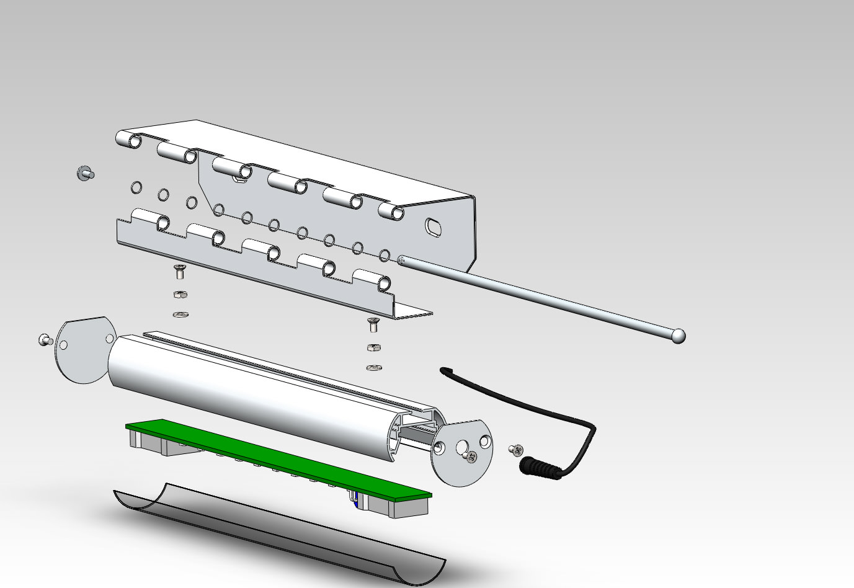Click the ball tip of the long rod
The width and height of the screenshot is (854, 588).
click(678, 336)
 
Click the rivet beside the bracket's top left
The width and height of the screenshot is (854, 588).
click(85, 173)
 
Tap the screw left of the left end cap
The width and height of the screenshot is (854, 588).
click(45, 339)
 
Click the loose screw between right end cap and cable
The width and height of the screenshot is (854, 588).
click(516, 449)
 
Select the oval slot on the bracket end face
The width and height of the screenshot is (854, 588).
click(434, 227)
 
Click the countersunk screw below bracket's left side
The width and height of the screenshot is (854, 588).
click(179, 270)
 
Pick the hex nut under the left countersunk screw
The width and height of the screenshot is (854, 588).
click(179, 293)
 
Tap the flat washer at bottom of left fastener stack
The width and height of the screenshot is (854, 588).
click(179, 315)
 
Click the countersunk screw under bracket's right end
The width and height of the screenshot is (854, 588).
click(373, 323)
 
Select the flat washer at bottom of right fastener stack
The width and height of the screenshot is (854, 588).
click(373, 368)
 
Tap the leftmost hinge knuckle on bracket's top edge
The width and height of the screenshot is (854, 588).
click(130, 140)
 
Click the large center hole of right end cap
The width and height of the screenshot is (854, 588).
click(462, 447)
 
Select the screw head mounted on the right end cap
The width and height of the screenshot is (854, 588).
click(472, 458)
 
